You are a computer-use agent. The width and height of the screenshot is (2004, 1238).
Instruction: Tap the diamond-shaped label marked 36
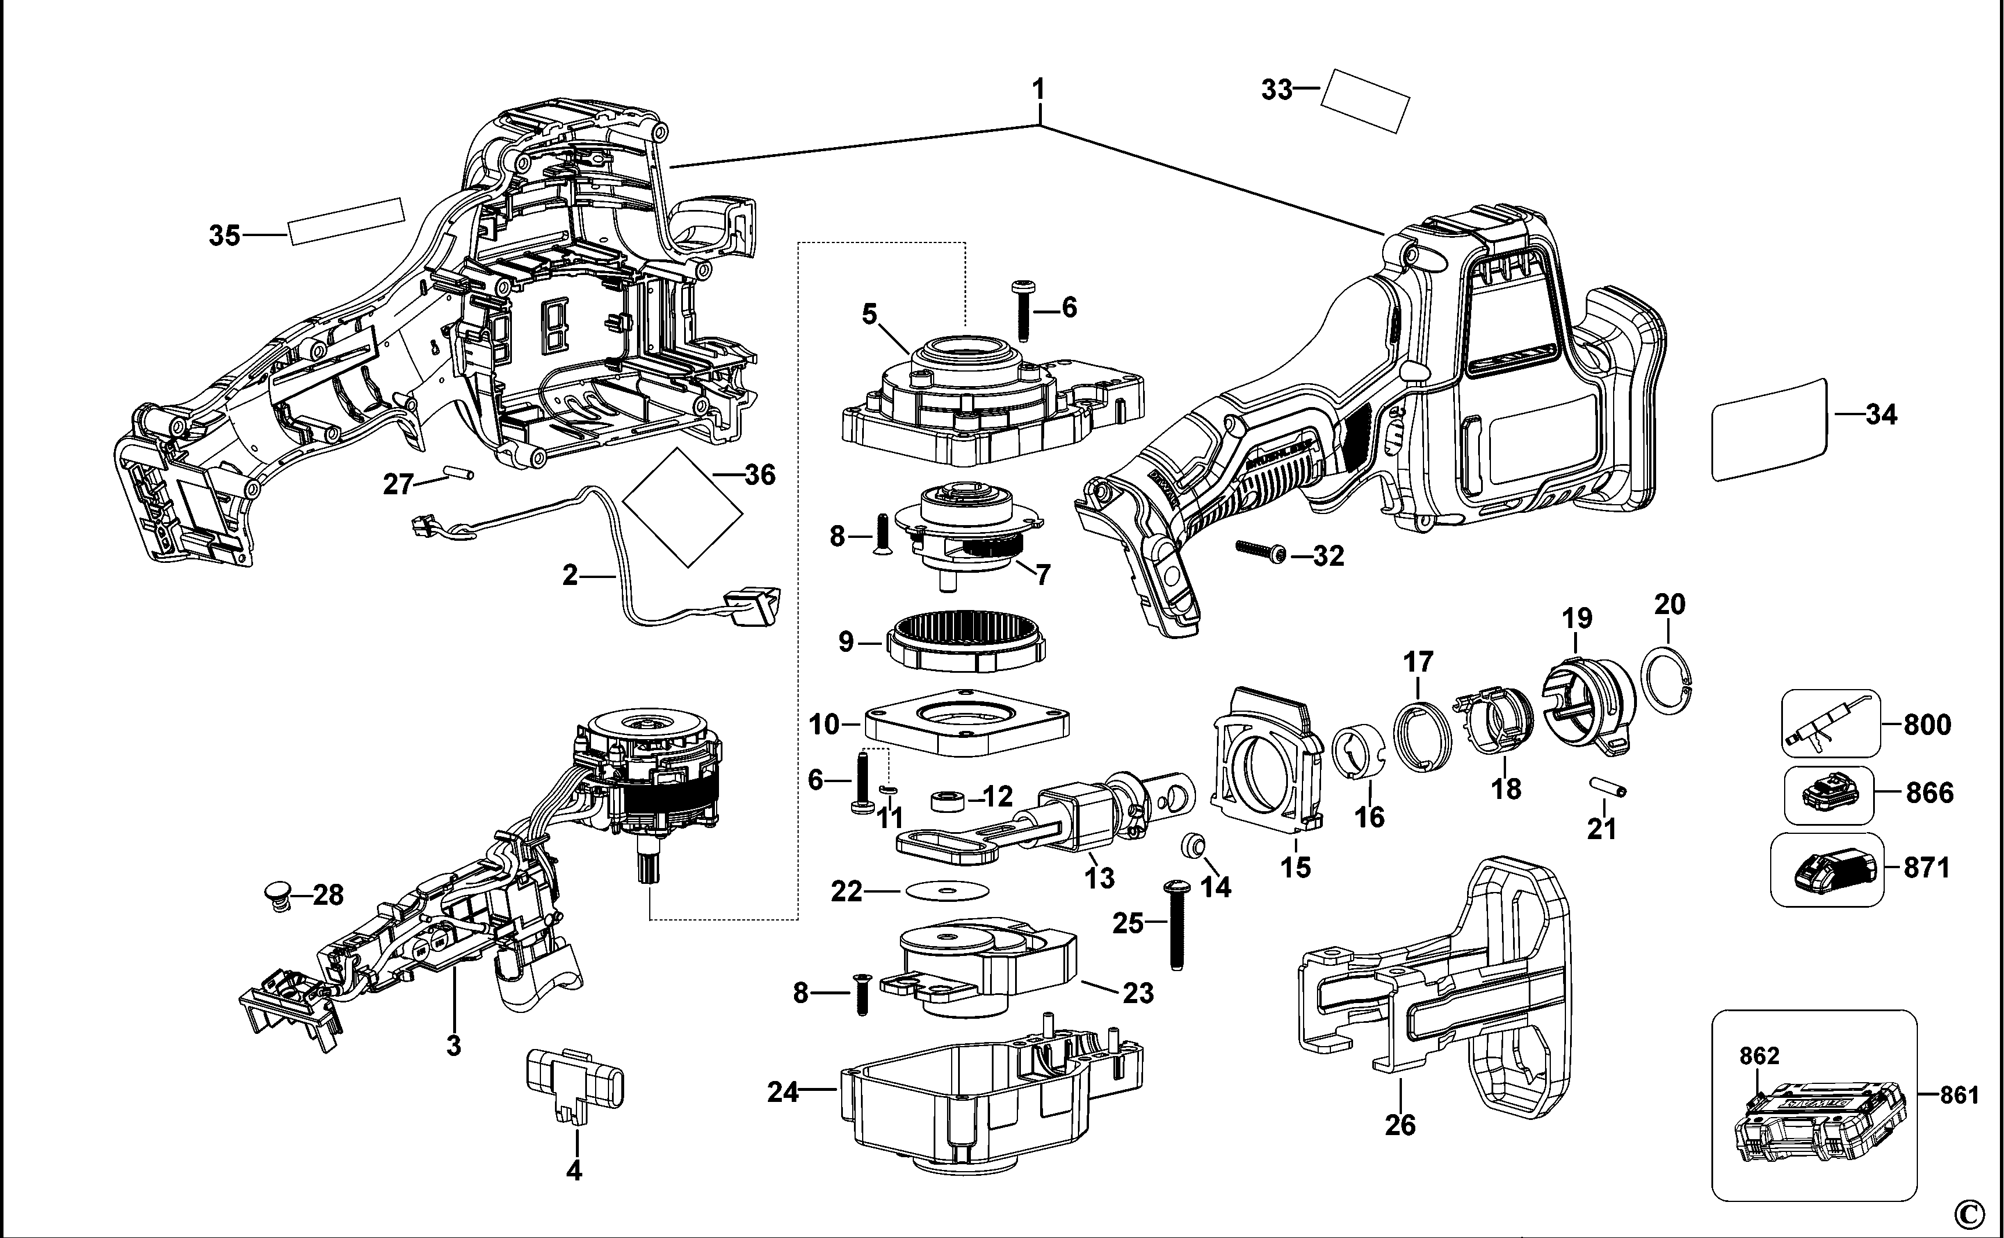point(682,507)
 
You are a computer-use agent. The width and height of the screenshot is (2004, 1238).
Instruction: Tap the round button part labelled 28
point(280,894)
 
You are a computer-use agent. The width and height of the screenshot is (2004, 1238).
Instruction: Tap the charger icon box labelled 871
point(1826,869)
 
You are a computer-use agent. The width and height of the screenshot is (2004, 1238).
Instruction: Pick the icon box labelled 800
point(1831,723)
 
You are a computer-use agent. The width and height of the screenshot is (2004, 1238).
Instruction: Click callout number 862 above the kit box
point(1759,1055)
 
